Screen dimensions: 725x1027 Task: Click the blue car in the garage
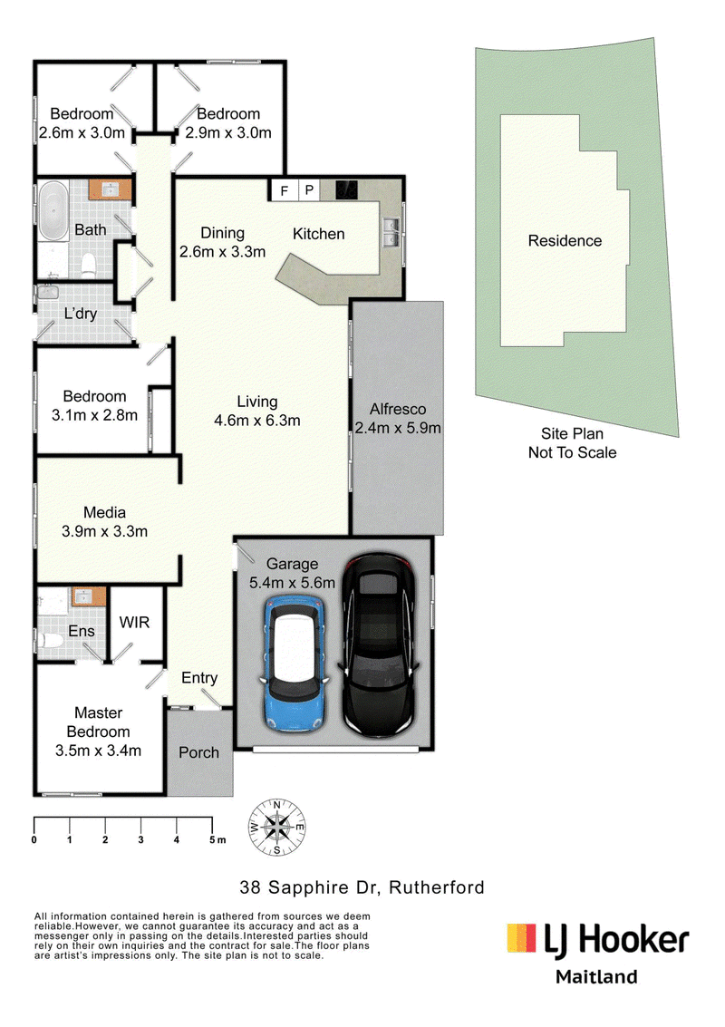[x=294, y=663]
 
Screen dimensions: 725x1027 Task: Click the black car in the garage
[x=378, y=644]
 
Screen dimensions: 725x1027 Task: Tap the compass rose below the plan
[x=276, y=828]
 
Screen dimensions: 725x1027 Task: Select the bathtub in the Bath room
[x=53, y=211]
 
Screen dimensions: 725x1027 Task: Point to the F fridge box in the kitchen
[x=285, y=190]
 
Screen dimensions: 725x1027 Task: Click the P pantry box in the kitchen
[x=309, y=190]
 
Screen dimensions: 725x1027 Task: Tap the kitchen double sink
[x=391, y=232]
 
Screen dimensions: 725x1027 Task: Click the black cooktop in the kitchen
[x=346, y=189]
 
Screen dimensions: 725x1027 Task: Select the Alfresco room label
[x=398, y=409]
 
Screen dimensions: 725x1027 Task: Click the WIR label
[x=134, y=622]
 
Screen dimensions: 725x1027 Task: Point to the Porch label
[x=198, y=752]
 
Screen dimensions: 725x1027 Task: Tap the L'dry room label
[x=80, y=314]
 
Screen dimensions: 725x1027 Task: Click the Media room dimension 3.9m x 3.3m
[x=105, y=531]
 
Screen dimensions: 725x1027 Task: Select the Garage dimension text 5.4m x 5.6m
[x=292, y=582]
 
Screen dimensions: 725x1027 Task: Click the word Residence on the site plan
[x=565, y=240]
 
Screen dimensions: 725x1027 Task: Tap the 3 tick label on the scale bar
[x=140, y=839]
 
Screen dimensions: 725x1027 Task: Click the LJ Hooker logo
[x=597, y=939]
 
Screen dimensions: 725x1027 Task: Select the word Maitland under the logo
[x=596, y=976]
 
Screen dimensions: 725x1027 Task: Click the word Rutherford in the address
[x=437, y=887]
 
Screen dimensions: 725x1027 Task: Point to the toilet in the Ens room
[x=50, y=640]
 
